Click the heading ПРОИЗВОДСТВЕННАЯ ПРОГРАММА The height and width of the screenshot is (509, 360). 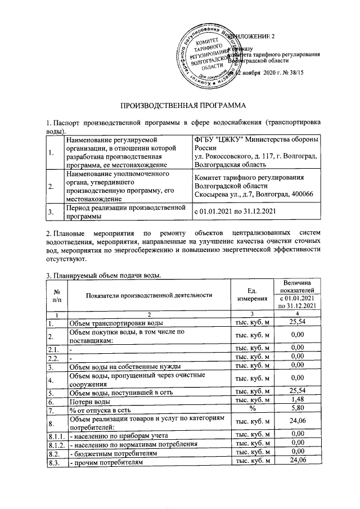(x=181, y=105)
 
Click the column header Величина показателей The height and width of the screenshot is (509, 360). (x=296, y=285)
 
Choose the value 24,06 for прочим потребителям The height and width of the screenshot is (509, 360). (x=296, y=462)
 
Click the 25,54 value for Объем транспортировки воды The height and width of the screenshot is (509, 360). (x=296, y=323)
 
